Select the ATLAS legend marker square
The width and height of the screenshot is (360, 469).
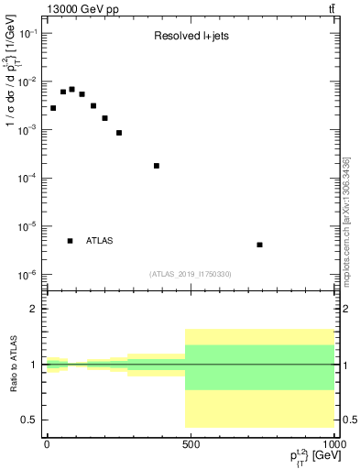tap(71, 241)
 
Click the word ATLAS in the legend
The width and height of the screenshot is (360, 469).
tap(100, 241)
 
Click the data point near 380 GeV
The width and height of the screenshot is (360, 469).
tap(157, 166)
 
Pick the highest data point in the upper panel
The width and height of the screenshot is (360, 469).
tap(71, 89)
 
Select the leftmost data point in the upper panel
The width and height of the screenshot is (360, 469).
tap(53, 108)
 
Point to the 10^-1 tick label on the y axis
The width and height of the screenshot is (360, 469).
tap(28, 34)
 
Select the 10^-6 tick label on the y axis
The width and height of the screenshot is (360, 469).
tap(28, 275)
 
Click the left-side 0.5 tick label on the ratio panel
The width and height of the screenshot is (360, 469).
tap(29, 420)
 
